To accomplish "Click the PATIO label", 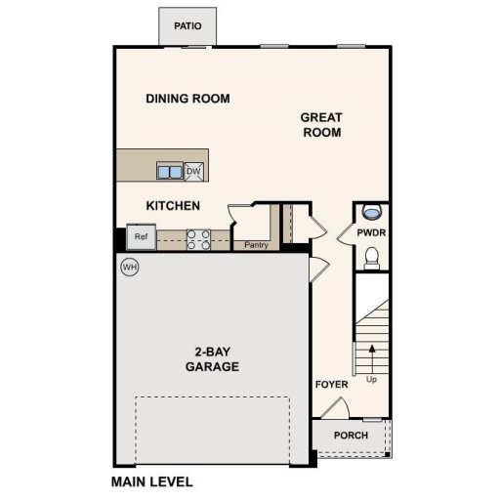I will pyautogui.click(x=187, y=26).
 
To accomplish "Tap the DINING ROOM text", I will pyautogui.click(x=187, y=99).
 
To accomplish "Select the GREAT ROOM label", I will pyautogui.click(x=320, y=125).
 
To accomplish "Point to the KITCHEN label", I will pyautogui.click(x=173, y=206).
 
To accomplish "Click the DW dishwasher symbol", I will pyautogui.click(x=193, y=172).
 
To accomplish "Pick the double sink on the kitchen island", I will pyautogui.click(x=170, y=172).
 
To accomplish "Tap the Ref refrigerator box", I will pyautogui.click(x=141, y=236).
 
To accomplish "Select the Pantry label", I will pyautogui.click(x=256, y=246).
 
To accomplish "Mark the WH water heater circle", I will pyautogui.click(x=129, y=266).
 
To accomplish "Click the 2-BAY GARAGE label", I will pyautogui.click(x=212, y=359).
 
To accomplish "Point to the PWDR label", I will pyautogui.click(x=371, y=234).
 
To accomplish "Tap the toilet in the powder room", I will pyautogui.click(x=371, y=257).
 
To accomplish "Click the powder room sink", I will pyautogui.click(x=371, y=212).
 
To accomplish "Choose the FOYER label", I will pyautogui.click(x=331, y=385).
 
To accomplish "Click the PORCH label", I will pyautogui.click(x=351, y=435).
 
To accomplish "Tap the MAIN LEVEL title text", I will pyautogui.click(x=151, y=481).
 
